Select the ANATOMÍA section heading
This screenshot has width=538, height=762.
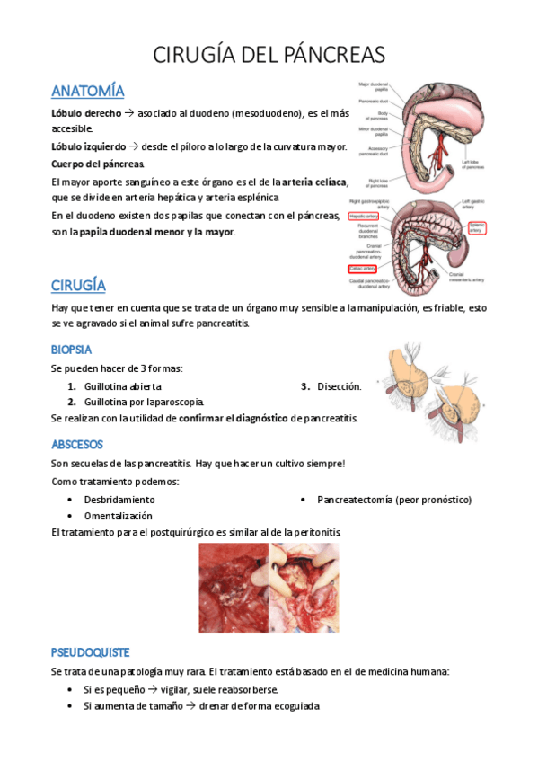88,91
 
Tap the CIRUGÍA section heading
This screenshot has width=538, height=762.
79,285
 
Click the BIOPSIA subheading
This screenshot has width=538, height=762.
72,349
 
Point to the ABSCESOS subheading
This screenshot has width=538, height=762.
77,444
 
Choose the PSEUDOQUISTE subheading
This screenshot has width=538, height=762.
91,652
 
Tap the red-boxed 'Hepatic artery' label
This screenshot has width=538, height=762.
365,216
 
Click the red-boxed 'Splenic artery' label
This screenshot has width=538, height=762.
475,227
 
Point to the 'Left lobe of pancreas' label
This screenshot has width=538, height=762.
474,164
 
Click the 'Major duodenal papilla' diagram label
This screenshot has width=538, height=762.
372,87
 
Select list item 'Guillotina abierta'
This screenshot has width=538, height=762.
123,386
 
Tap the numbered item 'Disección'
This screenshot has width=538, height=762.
339,386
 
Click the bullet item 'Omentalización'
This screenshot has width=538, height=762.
118,516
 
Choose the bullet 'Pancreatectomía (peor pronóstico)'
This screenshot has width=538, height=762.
393,499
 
